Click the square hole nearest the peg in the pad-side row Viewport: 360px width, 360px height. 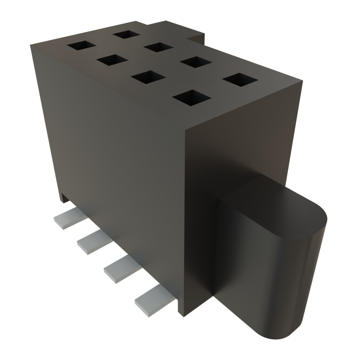coord(190,98)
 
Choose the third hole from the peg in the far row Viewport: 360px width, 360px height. coord(157,47)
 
